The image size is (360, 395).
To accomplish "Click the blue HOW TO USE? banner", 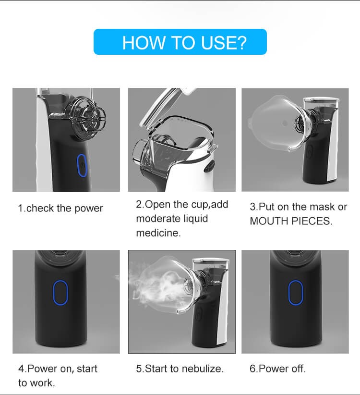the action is (180, 42).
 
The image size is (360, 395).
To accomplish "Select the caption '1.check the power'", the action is (60, 209).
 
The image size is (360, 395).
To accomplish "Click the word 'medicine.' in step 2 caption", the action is (158, 233).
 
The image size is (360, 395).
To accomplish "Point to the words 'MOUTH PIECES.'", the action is (291, 221).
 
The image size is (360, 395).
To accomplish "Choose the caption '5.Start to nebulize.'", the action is (180, 369).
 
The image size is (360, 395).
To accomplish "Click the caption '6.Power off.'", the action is (277, 369).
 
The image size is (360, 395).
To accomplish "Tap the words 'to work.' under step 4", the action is (37, 383).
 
